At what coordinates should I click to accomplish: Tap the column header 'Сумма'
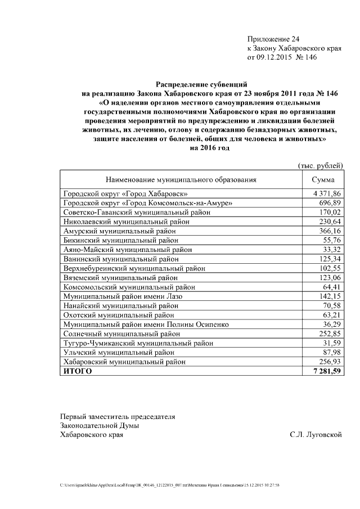click(323, 179)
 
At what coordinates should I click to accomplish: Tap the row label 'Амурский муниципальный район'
click(119, 231)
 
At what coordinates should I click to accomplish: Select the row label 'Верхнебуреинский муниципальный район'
click(134, 268)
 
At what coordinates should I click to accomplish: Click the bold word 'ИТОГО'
click(77, 372)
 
